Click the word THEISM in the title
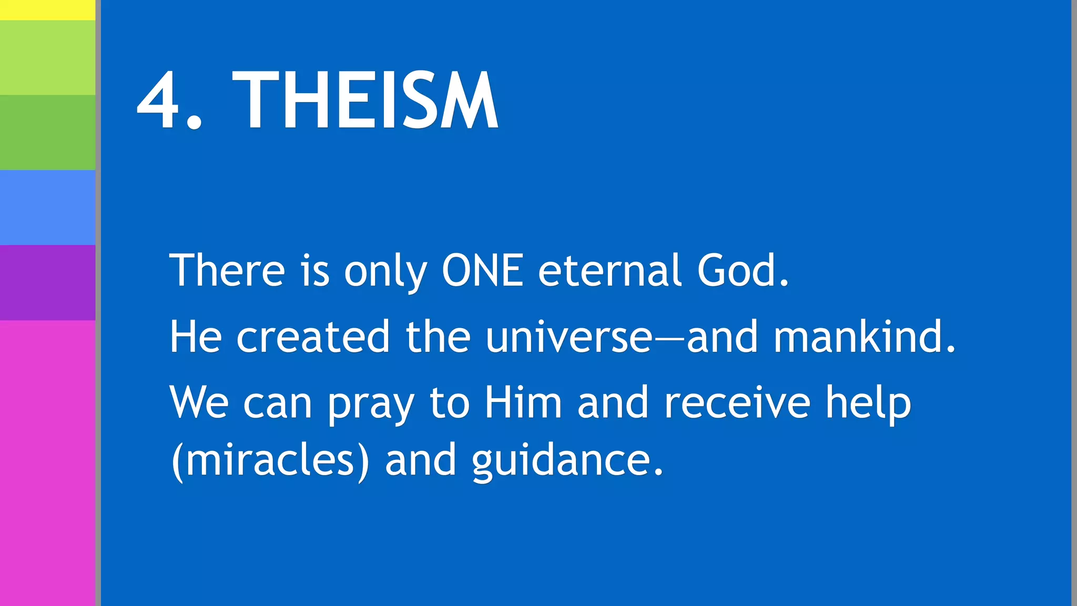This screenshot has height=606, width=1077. tap(365, 100)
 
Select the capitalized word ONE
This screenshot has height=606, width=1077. tap(482, 270)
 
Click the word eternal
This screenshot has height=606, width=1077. tap(609, 270)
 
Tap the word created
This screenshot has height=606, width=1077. tap(313, 337)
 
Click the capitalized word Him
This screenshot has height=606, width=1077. tap(523, 403)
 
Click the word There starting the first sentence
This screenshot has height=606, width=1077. tap(227, 270)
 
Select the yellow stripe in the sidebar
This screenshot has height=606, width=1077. tap(47, 10)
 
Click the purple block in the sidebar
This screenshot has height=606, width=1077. tap(47, 282)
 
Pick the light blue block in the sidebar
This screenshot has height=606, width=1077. tap(47, 207)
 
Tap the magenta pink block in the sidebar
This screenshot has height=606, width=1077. tap(47, 463)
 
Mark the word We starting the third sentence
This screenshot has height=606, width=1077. tap(199, 403)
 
